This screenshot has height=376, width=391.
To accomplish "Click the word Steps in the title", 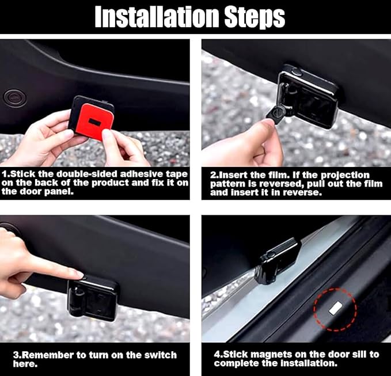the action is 255,17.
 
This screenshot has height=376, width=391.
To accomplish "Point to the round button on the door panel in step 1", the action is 15,98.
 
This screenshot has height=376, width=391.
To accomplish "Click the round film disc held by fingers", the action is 278,113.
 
